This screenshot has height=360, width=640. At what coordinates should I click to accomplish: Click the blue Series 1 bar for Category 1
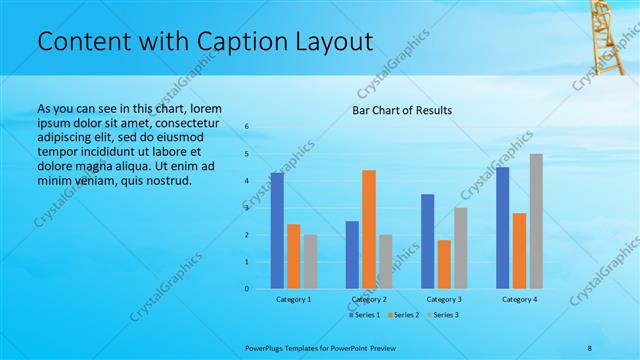coord(277,231)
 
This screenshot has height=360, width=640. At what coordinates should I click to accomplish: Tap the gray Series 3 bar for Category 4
coord(536,221)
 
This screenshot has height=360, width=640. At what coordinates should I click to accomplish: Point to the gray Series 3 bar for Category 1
coord(310,262)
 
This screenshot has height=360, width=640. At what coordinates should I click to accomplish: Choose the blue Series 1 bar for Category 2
coord(352,255)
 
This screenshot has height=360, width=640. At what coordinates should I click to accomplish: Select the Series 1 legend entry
coord(364,315)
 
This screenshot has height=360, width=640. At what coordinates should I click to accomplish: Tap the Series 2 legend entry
coord(402,315)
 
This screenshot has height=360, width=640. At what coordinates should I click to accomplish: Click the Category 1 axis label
coord(293,299)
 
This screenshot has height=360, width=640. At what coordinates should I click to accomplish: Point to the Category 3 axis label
coord(443,299)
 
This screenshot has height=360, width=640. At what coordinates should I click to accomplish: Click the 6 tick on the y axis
coord(247,127)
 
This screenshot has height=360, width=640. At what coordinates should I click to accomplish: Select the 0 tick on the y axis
coord(247,289)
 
